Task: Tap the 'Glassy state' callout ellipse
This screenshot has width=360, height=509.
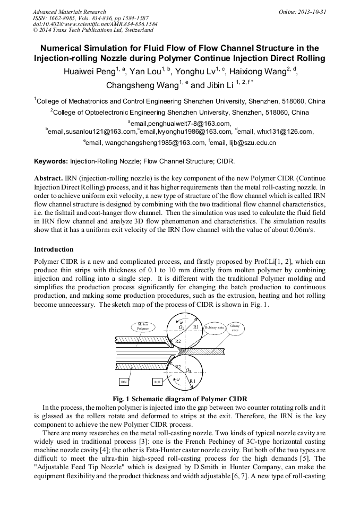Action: click(235, 327)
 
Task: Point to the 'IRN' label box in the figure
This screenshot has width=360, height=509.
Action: click(124, 382)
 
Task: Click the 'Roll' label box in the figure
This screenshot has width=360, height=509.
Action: click(158, 382)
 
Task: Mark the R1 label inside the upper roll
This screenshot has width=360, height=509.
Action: click(196, 327)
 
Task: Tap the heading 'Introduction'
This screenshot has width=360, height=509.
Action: click(54, 249)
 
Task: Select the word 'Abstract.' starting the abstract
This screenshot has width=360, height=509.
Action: click(48, 178)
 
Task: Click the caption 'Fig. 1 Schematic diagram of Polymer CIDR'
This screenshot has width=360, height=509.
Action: click(180, 399)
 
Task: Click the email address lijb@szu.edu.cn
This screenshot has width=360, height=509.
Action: click(250, 142)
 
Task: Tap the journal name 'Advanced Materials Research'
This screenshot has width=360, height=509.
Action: click(69, 11)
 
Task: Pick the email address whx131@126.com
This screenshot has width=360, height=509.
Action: click(283, 132)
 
